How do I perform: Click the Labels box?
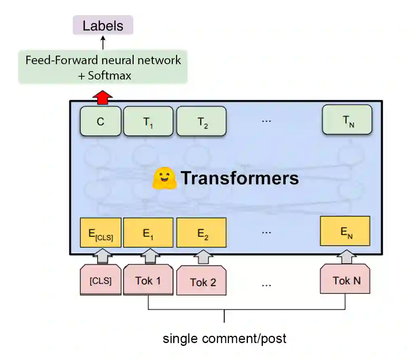(103, 25)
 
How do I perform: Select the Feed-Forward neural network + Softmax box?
(103, 67)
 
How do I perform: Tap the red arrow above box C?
(103, 97)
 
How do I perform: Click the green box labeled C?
(101, 121)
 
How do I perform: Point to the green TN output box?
(347, 120)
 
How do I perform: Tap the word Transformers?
(240, 178)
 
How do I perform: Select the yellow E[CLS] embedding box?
(101, 233)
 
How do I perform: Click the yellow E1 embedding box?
(148, 233)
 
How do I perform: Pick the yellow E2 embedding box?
(201, 233)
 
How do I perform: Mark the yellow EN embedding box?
(345, 231)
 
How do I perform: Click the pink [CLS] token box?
(101, 280)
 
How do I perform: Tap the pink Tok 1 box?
(148, 279)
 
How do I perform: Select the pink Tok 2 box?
(201, 281)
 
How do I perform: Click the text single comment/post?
(224, 338)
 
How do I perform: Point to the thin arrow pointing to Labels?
(103, 42)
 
